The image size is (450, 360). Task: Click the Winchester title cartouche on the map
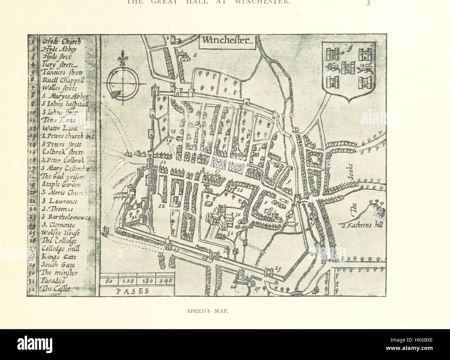(x=225, y=41)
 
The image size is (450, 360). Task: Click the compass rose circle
(x=121, y=84)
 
